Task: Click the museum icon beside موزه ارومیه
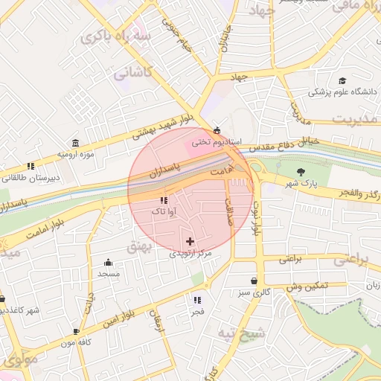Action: pos(75,143)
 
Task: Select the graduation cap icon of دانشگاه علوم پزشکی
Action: pos(342,81)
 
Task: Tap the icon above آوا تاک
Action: pos(164,200)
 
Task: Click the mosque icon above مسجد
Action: pos(109,262)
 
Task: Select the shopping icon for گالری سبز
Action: pos(256,281)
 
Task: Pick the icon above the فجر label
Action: pos(197,301)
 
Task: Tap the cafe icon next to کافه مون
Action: pos(76,331)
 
